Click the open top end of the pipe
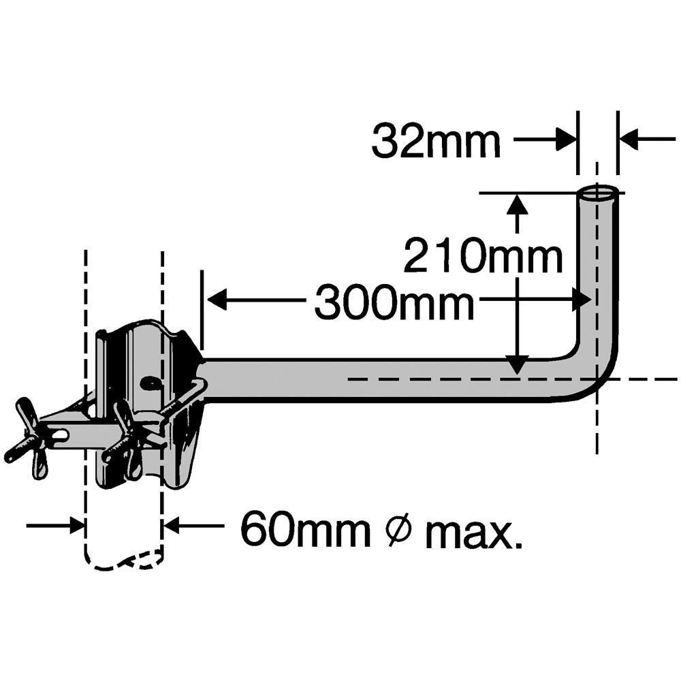(x=598, y=192)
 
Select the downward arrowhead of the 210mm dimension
(x=518, y=364)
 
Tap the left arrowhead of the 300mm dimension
(x=216, y=299)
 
